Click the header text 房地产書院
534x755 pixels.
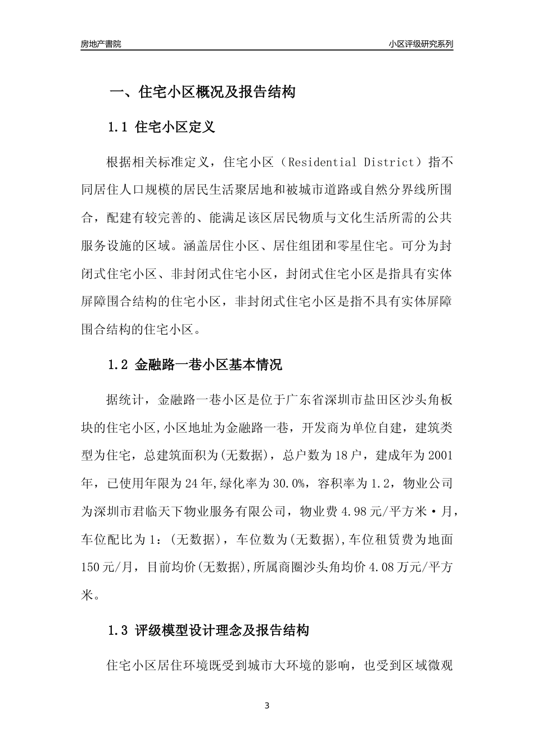tap(101, 44)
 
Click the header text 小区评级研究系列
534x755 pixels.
tap(420, 44)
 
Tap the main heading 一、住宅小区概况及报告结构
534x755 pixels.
tap(201, 92)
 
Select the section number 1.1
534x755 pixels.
tap(118, 127)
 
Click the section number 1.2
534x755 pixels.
tap(118, 365)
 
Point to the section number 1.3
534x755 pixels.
tap(118, 630)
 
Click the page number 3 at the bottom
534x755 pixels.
tap(267, 706)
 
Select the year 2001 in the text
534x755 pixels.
tap(440, 455)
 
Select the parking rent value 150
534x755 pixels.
tap(90, 567)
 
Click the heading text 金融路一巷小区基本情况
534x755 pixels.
tap(209, 365)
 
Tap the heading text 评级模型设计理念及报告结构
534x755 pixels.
tap(222, 630)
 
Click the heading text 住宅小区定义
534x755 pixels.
tap(175, 127)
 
